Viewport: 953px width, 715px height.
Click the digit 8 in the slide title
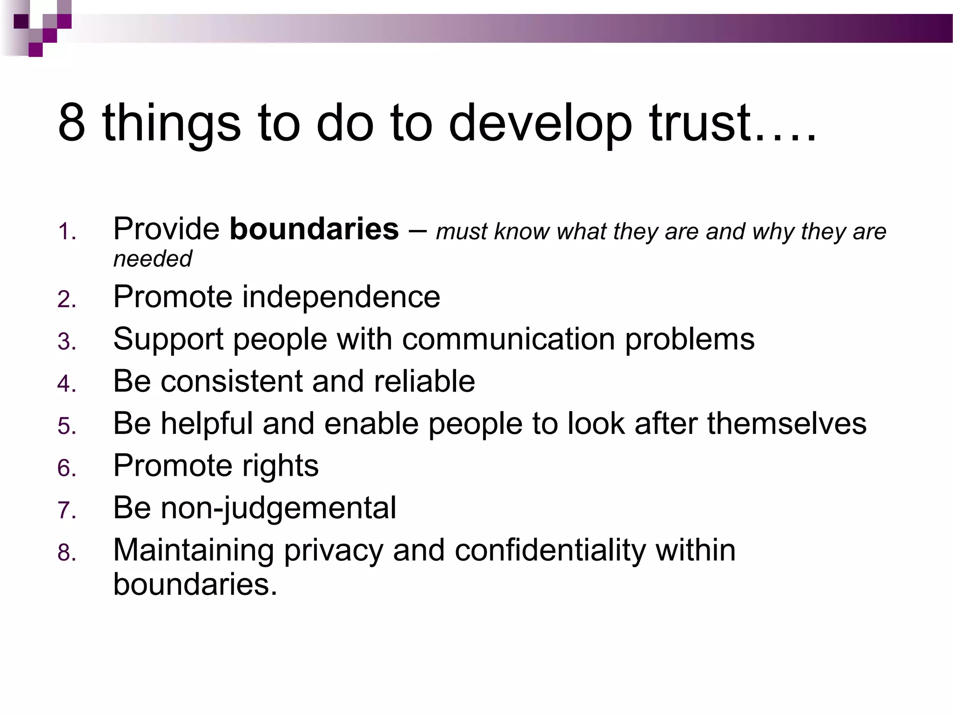pyautogui.click(x=72, y=122)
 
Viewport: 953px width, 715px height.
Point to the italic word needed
pyautogui.click(x=153, y=259)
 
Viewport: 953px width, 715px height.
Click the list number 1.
pyautogui.click(x=66, y=231)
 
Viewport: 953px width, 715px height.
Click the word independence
pyautogui.click(x=341, y=297)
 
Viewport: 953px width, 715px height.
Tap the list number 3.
pyautogui.click(x=66, y=342)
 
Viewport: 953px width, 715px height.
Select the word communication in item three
pyautogui.click(x=509, y=339)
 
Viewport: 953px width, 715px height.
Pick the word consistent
pyautogui.click(x=231, y=381)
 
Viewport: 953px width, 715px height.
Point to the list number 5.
pyautogui.click(x=66, y=426)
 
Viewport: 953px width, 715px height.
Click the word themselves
pyautogui.click(x=786, y=424)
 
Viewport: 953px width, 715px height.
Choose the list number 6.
pyautogui.click(x=66, y=468)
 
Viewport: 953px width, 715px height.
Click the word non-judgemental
pyautogui.click(x=278, y=508)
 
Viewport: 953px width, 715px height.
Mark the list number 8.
pyautogui.click(x=66, y=553)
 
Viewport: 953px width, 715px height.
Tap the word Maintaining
pyautogui.click(x=193, y=550)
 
